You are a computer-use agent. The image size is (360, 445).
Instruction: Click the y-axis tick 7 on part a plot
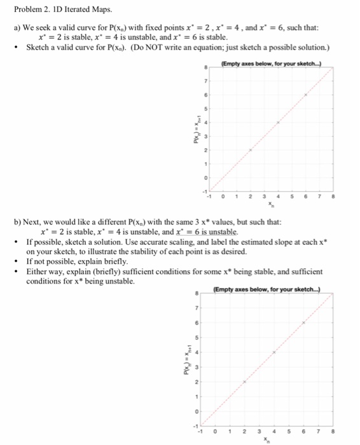(x=205, y=81)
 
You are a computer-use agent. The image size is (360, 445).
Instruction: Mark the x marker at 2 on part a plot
(x=250, y=149)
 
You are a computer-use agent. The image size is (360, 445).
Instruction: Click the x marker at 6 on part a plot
(x=305, y=95)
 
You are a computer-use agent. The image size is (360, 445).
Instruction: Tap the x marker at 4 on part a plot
(x=277, y=122)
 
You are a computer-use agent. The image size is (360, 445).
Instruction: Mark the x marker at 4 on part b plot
(x=274, y=352)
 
